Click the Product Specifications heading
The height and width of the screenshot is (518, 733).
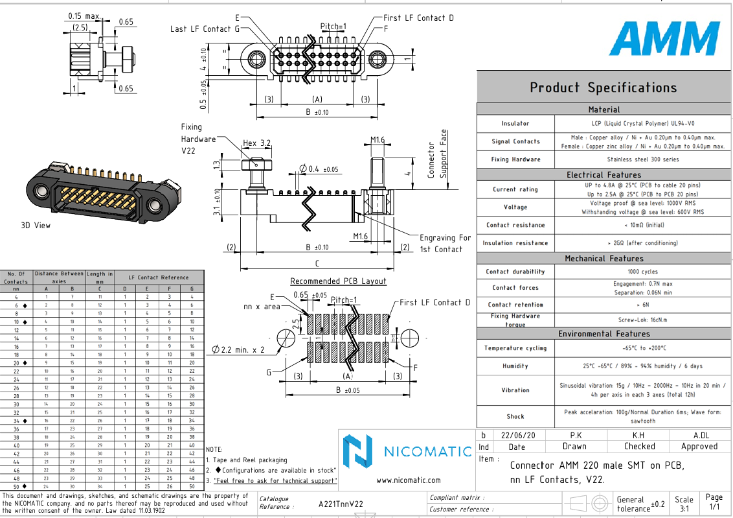tap(603, 88)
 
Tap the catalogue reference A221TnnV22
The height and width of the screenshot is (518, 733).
tap(341, 504)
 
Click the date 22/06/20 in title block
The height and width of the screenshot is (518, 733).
tap(517, 435)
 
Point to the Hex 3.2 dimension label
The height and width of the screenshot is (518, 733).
tap(256, 143)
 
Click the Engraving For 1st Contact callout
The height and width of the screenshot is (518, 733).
tap(445, 243)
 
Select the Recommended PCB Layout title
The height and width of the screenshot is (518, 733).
tap(338, 281)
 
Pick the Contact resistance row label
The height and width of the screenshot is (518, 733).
tap(515, 225)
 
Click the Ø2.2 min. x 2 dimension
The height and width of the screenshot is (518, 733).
tap(238, 349)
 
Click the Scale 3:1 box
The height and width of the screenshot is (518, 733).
tap(684, 504)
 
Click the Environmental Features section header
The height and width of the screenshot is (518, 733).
tap(603, 333)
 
